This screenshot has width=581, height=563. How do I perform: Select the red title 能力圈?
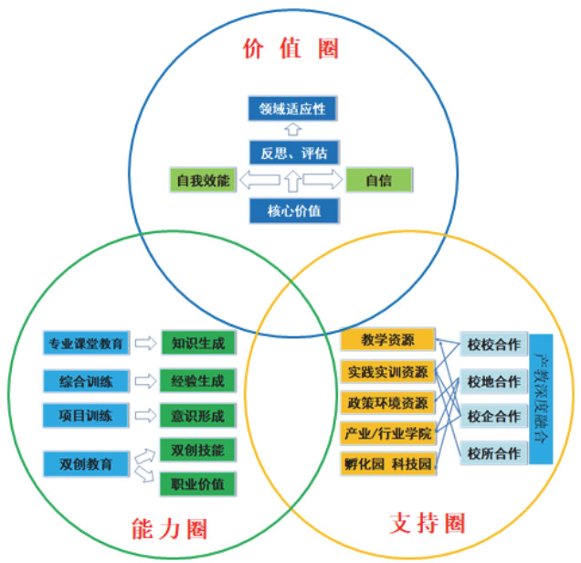pyautogui.click(x=169, y=528)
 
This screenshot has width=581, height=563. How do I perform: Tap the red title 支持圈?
pyautogui.click(x=427, y=524)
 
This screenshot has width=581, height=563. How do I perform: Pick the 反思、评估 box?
pyautogui.click(x=292, y=151)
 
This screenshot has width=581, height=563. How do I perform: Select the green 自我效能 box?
pyautogui.click(x=203, y=180)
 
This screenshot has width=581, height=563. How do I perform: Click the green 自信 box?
pyautogui.click(x=379, y=180)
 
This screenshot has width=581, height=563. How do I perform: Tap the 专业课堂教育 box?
pyautogui.click(x=87, y=345)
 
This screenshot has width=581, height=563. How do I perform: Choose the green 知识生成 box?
pyautogui.click(x=197, y=345)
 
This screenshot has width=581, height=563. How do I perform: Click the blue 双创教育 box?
pyautogui.click(x=87, y=464)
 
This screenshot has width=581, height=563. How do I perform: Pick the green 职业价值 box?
pyautogui.click(x=197, y=482)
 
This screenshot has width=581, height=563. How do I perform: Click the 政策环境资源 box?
pyautogui.click(x=387, y=401)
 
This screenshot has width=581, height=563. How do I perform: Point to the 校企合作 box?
pyautogui.click(x=493, y=417)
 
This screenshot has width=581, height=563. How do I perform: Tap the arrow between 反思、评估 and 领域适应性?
pyautogui.click(x=292, y=131)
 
